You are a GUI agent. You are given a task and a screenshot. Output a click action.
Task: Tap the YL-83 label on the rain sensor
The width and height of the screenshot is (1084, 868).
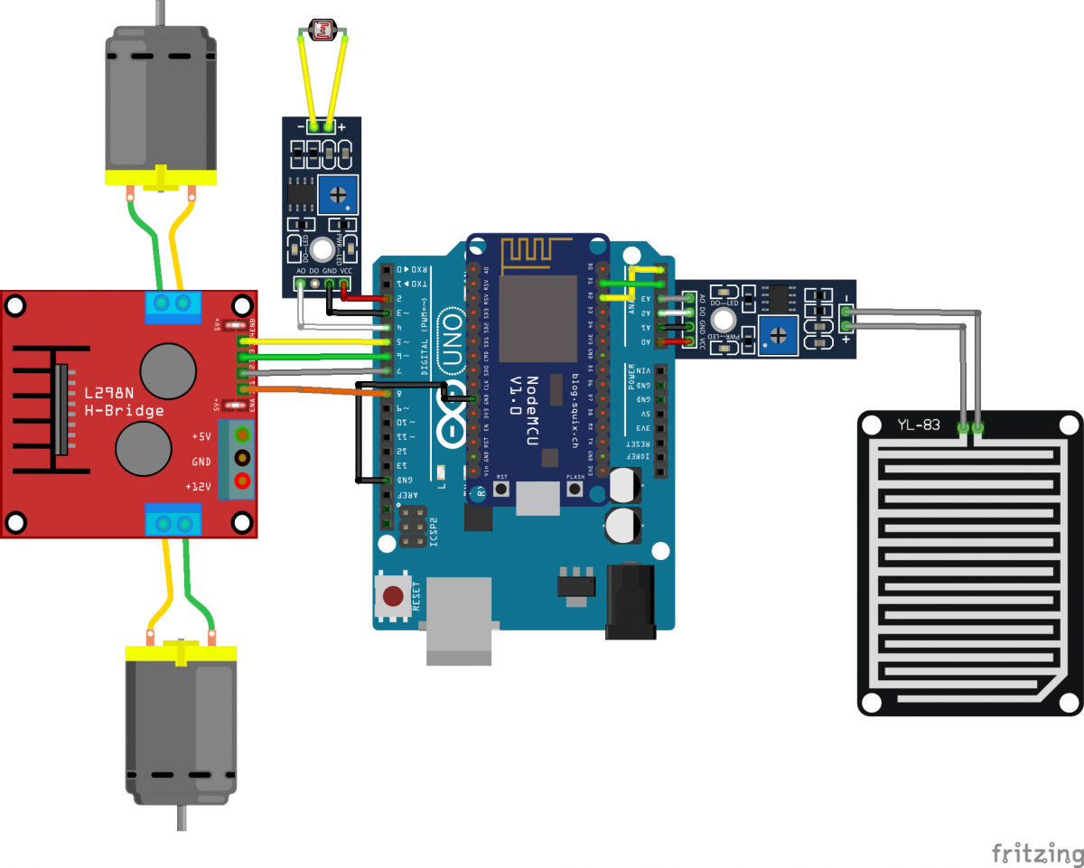point(920,425)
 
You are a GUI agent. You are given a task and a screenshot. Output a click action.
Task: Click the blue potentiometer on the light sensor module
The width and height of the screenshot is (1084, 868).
point(340,194)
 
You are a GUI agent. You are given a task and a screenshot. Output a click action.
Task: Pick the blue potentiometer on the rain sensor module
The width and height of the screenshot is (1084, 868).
point(777,336)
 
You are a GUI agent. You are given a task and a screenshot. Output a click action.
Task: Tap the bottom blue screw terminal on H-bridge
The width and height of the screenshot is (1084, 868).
point(173,523)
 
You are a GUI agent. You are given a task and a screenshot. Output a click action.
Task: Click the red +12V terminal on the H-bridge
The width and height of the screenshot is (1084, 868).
point(241,481)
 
